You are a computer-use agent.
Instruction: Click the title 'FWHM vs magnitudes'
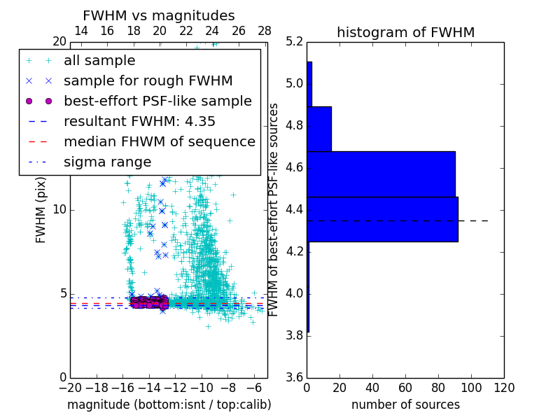click(x=159, y=15)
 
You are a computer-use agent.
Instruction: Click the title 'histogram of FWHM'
click(x=405, y=32)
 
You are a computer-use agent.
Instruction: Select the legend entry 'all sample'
click(x=99, y=61)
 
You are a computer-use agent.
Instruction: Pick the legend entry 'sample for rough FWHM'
click(x=148, y=80)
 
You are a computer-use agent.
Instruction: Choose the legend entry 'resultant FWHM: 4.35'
click(x=139, y=121)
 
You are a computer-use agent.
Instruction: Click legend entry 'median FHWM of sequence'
click(x=159, y=141)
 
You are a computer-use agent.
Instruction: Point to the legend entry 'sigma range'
click(x=107, y=162)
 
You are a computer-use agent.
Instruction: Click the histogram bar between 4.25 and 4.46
click(x=382, y=219)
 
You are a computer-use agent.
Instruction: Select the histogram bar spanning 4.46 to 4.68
click(x=381, y=174)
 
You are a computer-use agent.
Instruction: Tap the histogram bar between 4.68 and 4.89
click(x=318, y=129)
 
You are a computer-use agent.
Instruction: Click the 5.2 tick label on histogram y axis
click(x=295, y=42)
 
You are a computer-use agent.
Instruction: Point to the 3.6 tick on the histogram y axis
click(x=295, y=377)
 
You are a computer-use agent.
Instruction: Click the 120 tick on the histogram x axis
click(x=503, y=387)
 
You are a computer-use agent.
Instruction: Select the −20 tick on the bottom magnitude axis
click(x=70, y=387)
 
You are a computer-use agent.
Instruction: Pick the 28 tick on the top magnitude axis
click(x=265, y=31)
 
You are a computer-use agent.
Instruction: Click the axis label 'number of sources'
click(x=405, y=405)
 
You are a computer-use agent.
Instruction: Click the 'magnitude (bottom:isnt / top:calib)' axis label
click(x=169, y=405)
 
